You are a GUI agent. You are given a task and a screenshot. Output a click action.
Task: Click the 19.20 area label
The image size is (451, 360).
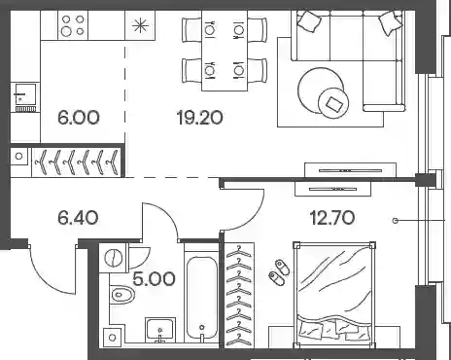[x=200, y=118]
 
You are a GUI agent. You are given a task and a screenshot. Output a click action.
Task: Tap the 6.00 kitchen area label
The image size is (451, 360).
[x=79, y=118]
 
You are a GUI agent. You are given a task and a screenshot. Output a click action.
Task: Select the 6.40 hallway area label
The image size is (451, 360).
[x=78, y=218]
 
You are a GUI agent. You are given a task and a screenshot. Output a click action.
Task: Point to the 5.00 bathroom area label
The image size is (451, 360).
[x=155, y=279]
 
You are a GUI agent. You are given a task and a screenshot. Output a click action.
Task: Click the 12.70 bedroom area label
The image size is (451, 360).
[x=332, y=218]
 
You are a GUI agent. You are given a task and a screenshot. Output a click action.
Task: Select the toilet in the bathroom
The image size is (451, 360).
[x=122, y=295]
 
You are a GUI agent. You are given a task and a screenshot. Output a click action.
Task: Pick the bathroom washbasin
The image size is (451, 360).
[x=160, y=330]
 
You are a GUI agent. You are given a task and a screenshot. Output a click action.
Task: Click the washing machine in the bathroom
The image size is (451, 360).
[x=113, y=257]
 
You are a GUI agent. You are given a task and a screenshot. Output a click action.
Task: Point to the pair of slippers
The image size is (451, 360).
[x=279, y=272]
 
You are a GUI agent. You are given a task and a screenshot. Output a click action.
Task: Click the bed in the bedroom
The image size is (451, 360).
[x=334, y=294]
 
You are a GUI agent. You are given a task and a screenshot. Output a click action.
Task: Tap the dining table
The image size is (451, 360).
[x=225, y=51]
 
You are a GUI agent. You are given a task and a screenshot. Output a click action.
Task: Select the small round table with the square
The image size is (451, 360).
[x=333, y=104]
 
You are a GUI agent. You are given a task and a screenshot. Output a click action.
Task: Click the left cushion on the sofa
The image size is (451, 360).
[x=309, y=20]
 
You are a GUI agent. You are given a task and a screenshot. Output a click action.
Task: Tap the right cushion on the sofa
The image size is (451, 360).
[x=392, y=22]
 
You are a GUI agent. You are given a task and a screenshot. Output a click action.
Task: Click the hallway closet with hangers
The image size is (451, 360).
[x=77, y=162]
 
